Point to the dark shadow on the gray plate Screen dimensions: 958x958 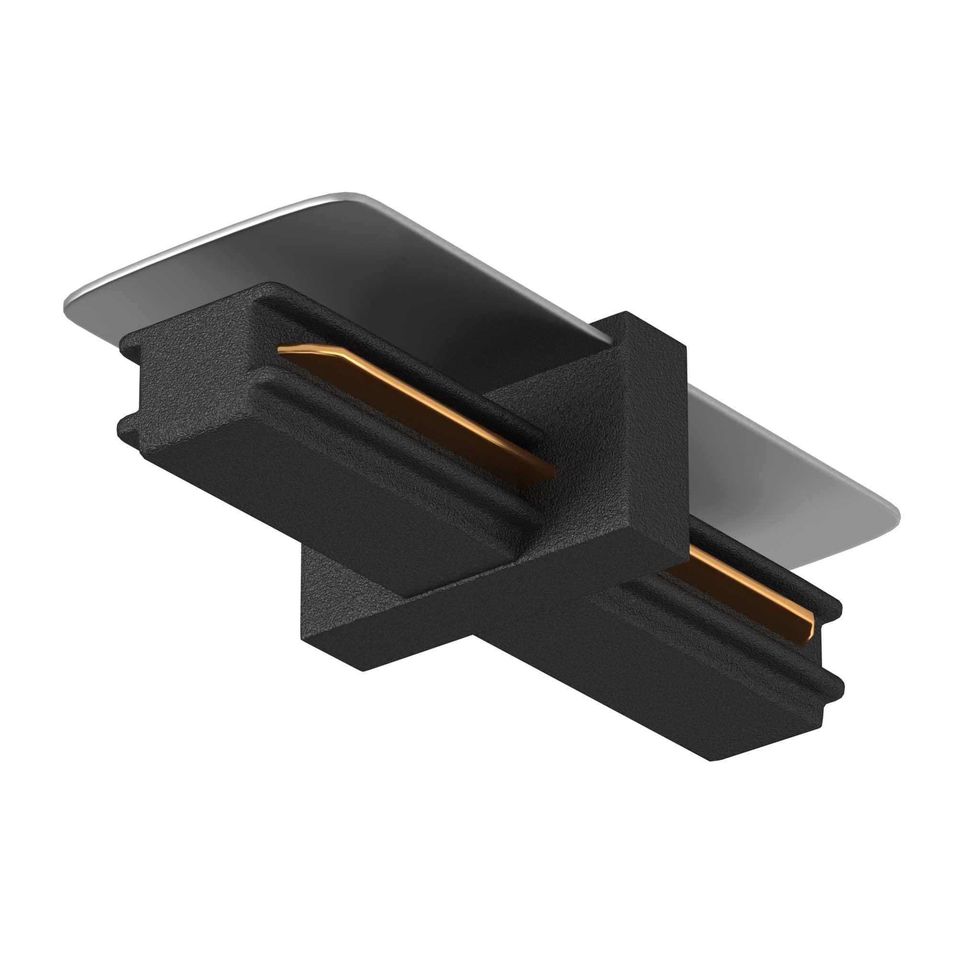click(x=397, y=278)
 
